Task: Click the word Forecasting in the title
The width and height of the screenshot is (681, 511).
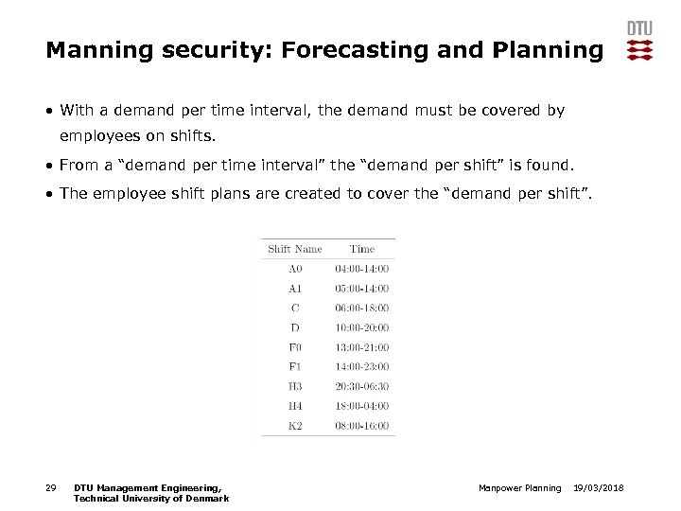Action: tap(350, 50)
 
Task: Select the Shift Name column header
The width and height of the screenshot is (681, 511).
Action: tap(295, 249)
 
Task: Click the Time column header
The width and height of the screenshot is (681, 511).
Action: tap(362, 249)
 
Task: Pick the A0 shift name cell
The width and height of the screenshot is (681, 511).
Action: tap(295, 269)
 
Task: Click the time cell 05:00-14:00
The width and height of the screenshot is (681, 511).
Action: tap(362, 289)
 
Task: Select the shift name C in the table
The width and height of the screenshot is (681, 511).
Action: tap(295, 308)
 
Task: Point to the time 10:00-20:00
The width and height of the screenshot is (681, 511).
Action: tap(362, 327)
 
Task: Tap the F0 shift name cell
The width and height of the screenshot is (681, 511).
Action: tap(295, 347)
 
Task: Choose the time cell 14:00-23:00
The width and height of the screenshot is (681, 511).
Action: tap(362, 367)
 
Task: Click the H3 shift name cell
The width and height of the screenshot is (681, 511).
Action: tap(295, 386)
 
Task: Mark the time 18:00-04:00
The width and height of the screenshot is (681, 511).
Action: tap(362, 406)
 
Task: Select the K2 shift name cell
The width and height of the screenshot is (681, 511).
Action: tap(295, 426)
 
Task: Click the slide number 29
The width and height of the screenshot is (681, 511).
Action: tap(51, 487)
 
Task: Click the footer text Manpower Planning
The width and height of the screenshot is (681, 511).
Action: tap(519, 487)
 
